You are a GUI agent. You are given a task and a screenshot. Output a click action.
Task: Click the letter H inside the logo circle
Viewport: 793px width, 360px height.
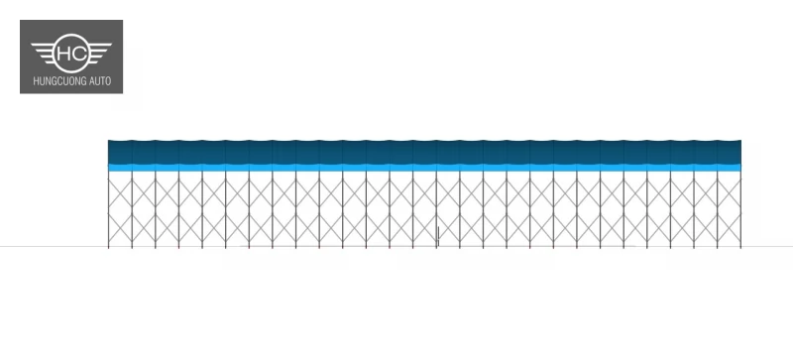click(x=64, y=53)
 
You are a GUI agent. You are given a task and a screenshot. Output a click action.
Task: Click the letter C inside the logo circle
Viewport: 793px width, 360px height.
click(x=79, y=53)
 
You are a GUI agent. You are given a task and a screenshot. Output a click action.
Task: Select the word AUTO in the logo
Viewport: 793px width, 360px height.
click(x=100, y=81)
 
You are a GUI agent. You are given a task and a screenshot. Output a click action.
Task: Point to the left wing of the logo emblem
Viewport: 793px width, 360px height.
click(x=44, y=53)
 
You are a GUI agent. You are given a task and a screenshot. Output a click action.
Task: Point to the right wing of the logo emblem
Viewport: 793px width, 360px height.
click(x=100, y=53)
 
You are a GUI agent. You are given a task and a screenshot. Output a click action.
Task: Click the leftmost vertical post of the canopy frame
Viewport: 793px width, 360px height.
click(x=108, y=209)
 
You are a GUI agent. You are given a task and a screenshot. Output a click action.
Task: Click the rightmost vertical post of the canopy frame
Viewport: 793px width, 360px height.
click(x=740, y=209)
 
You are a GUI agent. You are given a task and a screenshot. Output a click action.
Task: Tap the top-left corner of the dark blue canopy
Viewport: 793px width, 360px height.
click(x=108, y=140)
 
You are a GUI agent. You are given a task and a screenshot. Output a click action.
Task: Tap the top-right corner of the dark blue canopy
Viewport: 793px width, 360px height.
click(x=740, y=140)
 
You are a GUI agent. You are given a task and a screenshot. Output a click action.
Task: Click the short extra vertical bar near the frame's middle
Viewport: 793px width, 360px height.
click(x=438, y=236)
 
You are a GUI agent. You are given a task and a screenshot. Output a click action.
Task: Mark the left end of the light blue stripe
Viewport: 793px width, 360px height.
click(x=108, y=168)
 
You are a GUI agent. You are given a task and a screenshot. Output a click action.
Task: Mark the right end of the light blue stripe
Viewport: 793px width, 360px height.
click(x=740, y=168)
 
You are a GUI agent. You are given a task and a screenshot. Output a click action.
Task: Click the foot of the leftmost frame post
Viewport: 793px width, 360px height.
click(x=108, y=247)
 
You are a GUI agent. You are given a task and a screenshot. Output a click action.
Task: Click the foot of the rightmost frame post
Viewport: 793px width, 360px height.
click(x=740, y=247)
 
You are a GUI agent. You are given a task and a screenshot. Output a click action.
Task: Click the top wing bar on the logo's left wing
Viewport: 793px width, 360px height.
click(x=44, y=45)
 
